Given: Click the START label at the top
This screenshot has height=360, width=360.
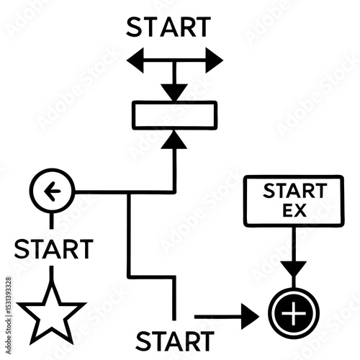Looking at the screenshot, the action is tap(168, 27).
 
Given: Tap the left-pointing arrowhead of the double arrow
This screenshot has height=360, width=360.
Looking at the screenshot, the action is tap(135, 60).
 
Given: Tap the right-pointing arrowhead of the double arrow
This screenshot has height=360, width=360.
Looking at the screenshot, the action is tap(215, 60).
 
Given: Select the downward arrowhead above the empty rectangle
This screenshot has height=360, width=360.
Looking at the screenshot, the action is tap(174, 92).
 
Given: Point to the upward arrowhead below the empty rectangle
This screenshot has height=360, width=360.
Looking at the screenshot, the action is tap(174, 140).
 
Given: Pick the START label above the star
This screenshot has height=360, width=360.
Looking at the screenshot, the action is tap(54, 249).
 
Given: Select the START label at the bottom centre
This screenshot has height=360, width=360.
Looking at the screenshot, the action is tap(175, 341).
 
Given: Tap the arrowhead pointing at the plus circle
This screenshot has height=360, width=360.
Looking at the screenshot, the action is tap(250, 317).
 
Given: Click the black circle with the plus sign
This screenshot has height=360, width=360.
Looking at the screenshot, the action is tap(294, 313).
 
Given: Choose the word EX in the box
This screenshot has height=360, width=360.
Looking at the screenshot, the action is tap(294, 210).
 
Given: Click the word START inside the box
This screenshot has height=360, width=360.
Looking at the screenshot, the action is tap(295, 191).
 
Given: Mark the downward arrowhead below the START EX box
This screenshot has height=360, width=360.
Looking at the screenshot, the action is tap(294, 269).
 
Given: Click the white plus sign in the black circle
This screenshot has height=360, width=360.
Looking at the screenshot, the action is tap(294, 313).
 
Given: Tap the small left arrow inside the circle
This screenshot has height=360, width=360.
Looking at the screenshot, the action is tap(53, 192).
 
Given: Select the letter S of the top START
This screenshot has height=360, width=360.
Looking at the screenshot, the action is tap(134, 27).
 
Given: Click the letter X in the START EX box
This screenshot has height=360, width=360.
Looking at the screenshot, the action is tap(300, 210).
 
